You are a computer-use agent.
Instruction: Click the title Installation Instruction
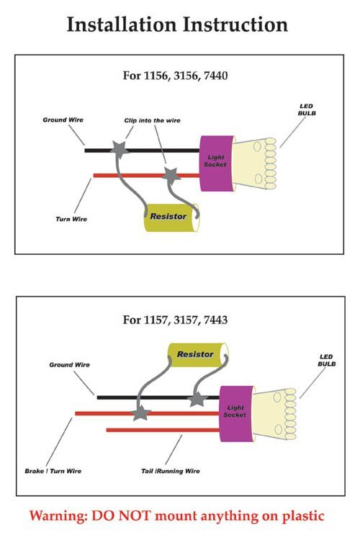177,24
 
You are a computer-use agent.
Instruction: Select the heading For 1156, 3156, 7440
176,76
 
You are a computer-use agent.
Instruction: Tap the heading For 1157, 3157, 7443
176,320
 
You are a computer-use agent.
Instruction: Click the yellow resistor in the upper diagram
171,217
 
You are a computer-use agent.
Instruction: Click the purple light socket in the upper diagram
217,163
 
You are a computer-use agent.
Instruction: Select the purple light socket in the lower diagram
237,413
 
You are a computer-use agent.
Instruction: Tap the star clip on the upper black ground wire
120,149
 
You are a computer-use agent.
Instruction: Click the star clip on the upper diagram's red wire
171,175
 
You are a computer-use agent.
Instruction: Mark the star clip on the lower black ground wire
197,399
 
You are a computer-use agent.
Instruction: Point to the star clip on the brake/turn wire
141,413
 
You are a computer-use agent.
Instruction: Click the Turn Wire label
71,219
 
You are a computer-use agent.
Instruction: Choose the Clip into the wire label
152,120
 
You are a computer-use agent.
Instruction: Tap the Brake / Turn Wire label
53,471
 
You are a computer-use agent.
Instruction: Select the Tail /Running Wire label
171,471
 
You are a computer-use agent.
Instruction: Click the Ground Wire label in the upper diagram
63,120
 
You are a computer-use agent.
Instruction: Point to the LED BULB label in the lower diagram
326,360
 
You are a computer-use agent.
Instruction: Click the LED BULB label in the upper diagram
307,110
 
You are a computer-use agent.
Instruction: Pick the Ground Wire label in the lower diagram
69,365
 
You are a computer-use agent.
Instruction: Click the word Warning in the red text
58,516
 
